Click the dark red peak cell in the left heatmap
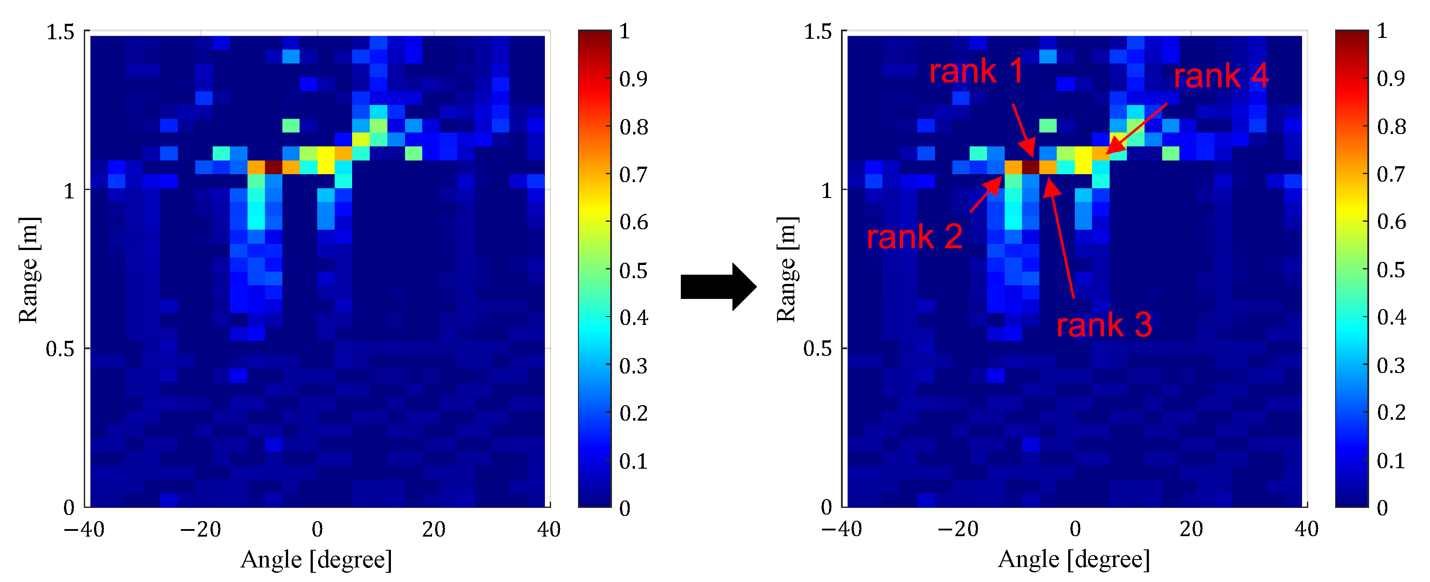[273, 167]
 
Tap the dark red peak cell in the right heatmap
[1030, 167]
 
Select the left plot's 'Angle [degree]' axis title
[316, 559]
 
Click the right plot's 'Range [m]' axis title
[786, 270]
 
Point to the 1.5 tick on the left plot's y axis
[60, 32]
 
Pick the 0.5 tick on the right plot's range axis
[817, 348]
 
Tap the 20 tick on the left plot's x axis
[434, 529]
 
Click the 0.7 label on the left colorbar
[634, 175]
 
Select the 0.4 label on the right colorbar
[1391, 317]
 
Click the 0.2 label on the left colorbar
[634, 413]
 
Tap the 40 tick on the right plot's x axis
[1306, 529]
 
